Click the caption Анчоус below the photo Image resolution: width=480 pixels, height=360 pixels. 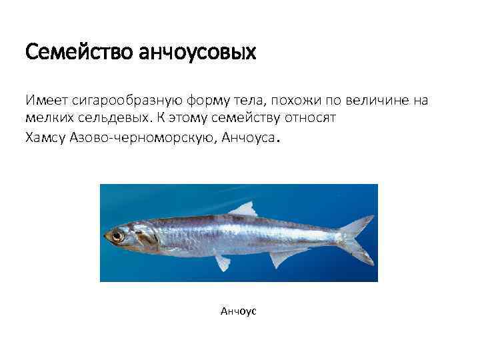[238, 311]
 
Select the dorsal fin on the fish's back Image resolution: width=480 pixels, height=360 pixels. [243, 209]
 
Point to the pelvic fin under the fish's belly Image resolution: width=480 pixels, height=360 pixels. [223, 263]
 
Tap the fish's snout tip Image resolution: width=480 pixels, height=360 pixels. [105, 235]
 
